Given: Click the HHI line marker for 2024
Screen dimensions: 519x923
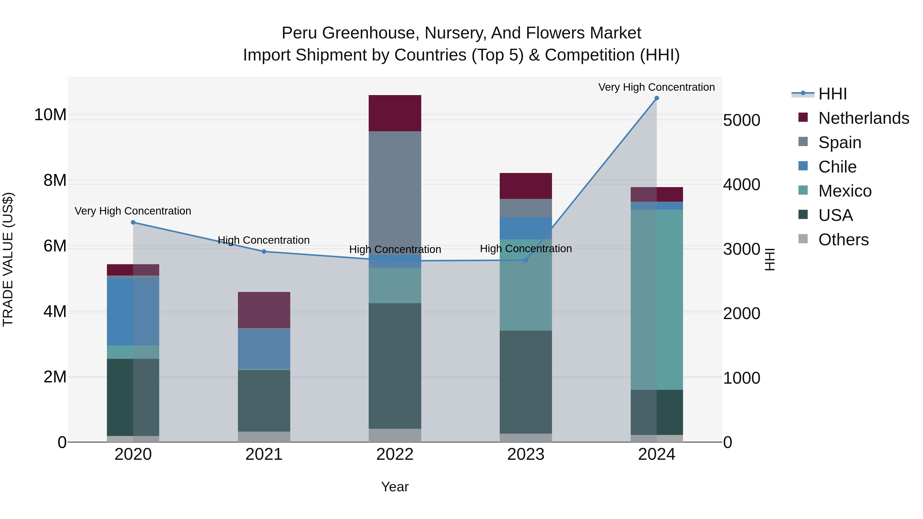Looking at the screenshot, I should click(x=656, y=98).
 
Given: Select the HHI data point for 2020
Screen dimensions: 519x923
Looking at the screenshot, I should click(x=133, y=222).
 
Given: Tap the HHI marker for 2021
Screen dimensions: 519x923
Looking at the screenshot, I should click(x=264, y=251).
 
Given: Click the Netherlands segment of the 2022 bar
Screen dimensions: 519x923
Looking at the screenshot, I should click(x=395, y=113).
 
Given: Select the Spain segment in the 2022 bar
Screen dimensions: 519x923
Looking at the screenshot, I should click(x=395, y=190).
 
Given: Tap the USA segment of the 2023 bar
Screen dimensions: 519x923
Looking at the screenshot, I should click(x=526, y=382).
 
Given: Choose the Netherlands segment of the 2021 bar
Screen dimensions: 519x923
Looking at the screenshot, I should click(x=264, y=310).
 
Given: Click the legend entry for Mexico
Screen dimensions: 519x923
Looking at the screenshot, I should click(x=845, y=191).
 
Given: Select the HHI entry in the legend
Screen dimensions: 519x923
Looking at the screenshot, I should click(x=832, y=94).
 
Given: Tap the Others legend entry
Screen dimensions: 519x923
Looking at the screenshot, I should click(x=843, y=240).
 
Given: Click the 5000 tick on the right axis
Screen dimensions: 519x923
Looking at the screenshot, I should click(x=741, y=120).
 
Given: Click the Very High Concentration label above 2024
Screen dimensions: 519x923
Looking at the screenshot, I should click(x=656, y=87).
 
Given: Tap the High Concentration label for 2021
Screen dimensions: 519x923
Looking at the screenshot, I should click(x=264, y=240).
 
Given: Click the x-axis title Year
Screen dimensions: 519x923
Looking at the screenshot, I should click(x=395, y=487).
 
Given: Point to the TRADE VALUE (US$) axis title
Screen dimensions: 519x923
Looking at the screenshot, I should click(x=8, y=259).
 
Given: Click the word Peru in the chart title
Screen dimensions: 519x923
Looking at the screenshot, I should click(x=299, y=33).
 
